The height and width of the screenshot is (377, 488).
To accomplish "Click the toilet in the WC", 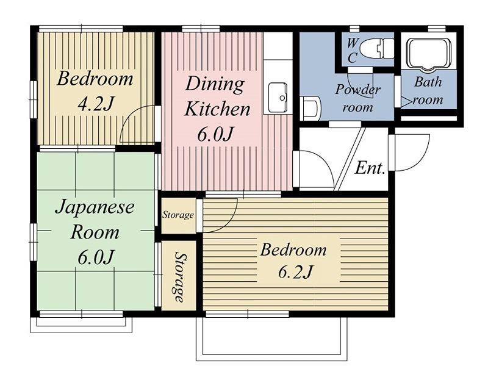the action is tap(376, 49).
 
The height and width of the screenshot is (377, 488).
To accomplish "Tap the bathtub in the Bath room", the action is tap(429, 54).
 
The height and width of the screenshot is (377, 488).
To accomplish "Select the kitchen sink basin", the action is tap(278, 98).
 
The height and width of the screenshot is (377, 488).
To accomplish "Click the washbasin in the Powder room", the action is tap(310, 108).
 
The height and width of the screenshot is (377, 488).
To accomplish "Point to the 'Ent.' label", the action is tap(370, 168).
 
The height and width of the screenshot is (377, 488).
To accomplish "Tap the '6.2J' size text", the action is tap(294, 271).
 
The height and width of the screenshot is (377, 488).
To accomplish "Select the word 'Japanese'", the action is tap(95, 207).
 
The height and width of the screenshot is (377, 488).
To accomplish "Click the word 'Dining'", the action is tap(215, 84).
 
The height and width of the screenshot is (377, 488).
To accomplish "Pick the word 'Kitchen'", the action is tap(217, 109).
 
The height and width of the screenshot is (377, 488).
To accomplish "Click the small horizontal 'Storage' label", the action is tap(178, 215).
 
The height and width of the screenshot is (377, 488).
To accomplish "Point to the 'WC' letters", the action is tap(352, 50).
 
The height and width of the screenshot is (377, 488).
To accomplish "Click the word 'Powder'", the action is tap(358, 90).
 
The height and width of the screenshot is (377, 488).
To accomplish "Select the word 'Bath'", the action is tap(428, 82).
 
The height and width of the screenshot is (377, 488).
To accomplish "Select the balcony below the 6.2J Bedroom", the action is tap(271, 339).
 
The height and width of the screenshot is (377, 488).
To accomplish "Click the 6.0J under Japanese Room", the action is tap(95, 257).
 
